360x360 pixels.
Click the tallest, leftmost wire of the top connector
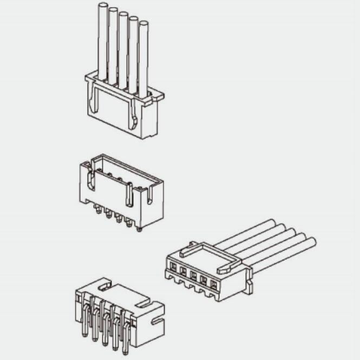102,38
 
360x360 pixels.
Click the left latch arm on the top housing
94,98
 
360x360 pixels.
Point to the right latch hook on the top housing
132,119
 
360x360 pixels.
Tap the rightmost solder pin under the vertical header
139,228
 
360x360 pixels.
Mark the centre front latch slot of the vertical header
129,195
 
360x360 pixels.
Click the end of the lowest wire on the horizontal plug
311,243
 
